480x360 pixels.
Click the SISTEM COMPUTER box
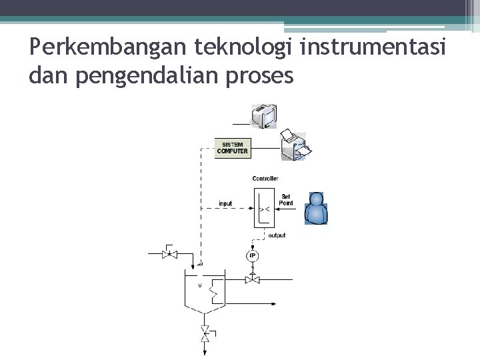232,147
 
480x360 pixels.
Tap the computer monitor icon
264,116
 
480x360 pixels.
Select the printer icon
293,145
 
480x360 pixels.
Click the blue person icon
316,208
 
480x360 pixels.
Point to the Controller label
265,179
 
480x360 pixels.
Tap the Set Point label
285,199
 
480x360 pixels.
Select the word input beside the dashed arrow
225,203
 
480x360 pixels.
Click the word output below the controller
277,235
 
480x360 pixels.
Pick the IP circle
252,255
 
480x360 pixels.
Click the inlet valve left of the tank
169,254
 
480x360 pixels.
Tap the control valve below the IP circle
252,279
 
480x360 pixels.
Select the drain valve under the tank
205,333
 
